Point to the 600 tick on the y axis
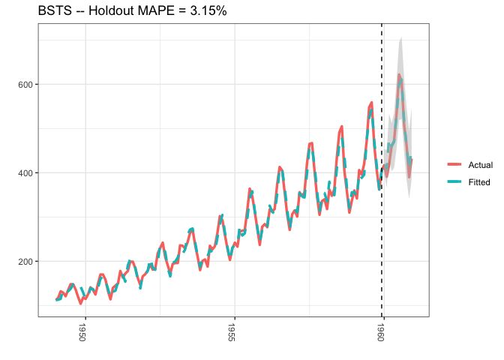point(24,84)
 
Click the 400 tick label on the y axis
point(24,172)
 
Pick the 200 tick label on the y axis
point(24,261)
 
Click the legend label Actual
point(480,164)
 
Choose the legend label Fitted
point(479,181)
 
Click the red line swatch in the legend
point(455,164)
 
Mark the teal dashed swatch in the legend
point(455,181)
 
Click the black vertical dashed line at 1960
point(382,225)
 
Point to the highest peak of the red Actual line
point(399,75)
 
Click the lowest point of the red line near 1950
point(80,303)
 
